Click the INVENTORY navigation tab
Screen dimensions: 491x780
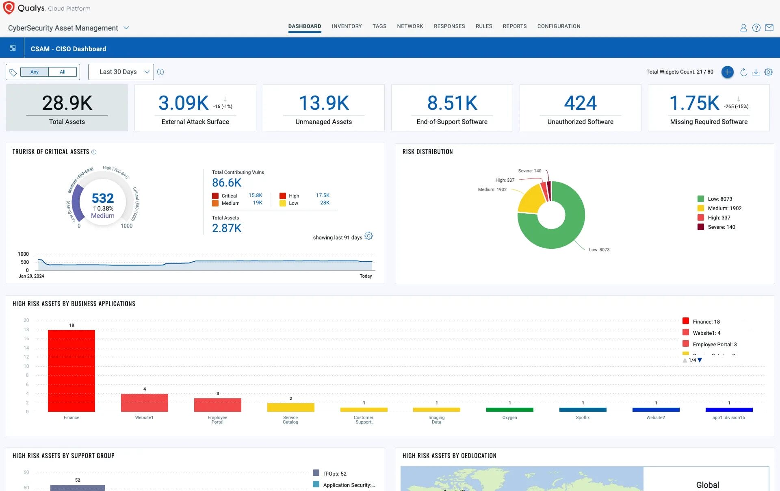(x=347, y=26)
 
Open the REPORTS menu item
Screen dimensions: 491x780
(x=514, y=26)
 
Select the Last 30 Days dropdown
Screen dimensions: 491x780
(x=121, y=72)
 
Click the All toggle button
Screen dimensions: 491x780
(x=63, y=72)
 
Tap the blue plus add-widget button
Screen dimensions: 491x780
(x=727, y=72)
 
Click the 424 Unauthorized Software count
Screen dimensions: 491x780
(x=580, y=103)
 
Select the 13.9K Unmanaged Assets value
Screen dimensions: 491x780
(x=324, y=103)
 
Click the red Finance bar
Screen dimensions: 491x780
(x=71, y=370)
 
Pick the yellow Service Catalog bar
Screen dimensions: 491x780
(x=290, y=407)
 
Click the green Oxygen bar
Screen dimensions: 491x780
(x=509, y=409)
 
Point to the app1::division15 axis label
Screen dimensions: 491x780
(x=728, y=417)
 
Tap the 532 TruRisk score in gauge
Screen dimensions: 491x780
(x=103, y=198)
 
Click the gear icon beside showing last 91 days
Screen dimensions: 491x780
(x=368, y=236)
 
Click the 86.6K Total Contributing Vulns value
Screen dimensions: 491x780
(x=227, y=183)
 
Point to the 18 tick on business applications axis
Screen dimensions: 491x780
(x=26, y=330)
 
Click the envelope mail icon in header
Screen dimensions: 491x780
(x=769, y=28)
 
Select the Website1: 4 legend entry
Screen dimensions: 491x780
(x=706, y=333)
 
